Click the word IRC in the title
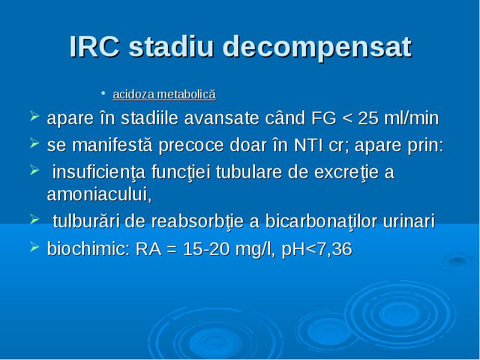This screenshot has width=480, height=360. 95,47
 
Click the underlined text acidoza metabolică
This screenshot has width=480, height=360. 164,94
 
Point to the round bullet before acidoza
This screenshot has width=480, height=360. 104,92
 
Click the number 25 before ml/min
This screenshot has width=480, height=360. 368,118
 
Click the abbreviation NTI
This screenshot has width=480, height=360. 308,145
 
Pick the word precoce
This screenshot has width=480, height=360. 191,146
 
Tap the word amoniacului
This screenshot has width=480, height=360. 99,194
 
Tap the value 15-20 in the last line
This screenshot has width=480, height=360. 206,249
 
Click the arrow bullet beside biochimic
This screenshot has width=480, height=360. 35,247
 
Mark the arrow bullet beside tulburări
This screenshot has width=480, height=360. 35,218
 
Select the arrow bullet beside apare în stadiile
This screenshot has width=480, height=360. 35,116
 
